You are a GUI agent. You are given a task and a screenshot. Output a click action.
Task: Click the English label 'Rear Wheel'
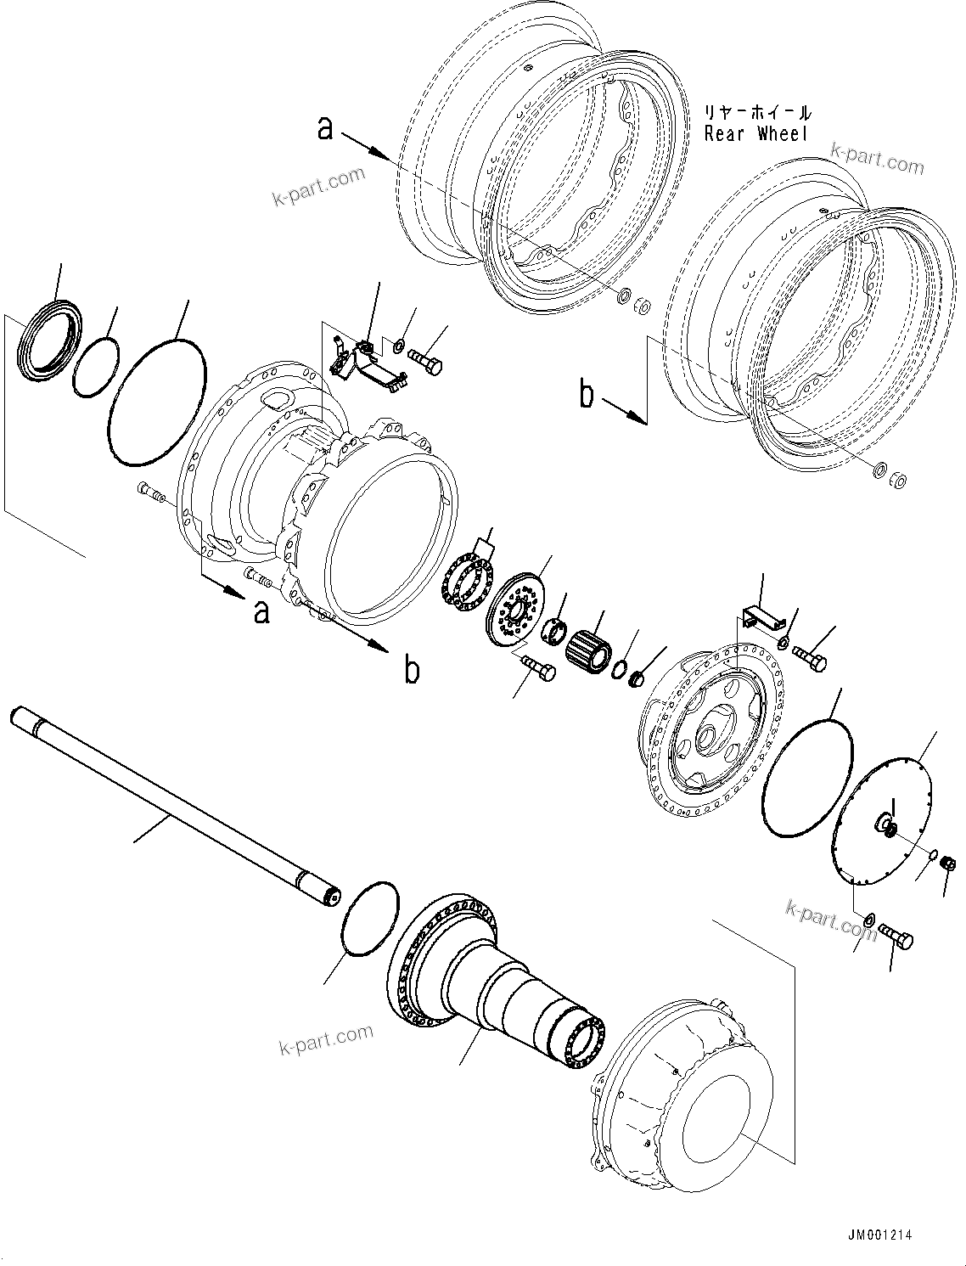click(x=756, y=133)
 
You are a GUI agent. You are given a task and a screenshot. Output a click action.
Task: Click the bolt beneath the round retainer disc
click(x=538, y=668)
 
